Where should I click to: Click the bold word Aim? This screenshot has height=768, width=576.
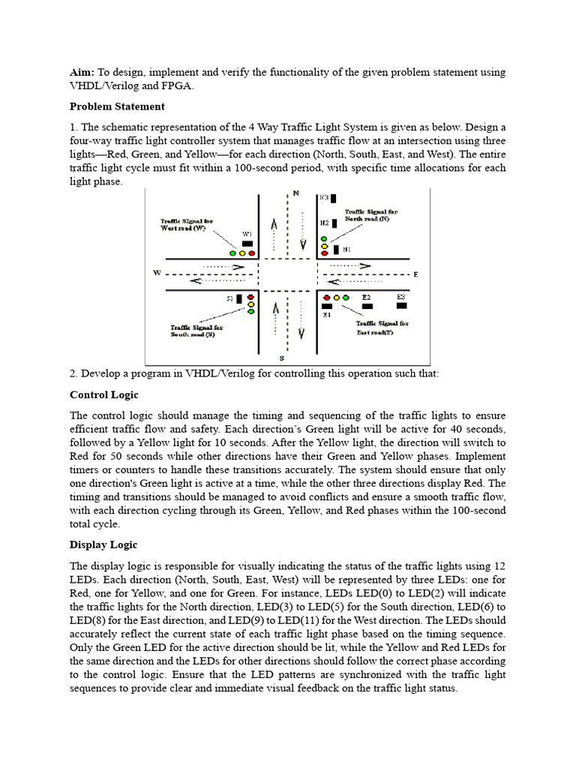(82, 72)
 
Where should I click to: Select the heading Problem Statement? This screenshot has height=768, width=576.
(117, 106)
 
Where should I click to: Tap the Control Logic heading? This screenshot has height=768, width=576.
(104, 394)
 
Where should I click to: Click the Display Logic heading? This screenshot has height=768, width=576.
(103, 544)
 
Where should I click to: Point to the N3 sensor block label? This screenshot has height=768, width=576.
(324, 198)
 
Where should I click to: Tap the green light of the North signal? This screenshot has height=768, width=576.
(324, 238)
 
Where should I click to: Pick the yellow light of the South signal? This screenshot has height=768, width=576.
(250, 304)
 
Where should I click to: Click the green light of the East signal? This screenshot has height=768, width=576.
(346, 298)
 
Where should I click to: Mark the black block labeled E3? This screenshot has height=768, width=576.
(401, 305)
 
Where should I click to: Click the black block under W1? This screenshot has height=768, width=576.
(247, 244)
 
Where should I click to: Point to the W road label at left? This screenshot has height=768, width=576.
(157, 273)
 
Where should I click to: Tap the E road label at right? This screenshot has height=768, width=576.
(415, 274)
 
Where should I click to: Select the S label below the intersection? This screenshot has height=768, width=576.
(280, 358)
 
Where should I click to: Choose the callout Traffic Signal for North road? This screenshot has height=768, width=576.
(371, 215)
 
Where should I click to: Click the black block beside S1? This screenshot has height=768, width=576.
(239, 298)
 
